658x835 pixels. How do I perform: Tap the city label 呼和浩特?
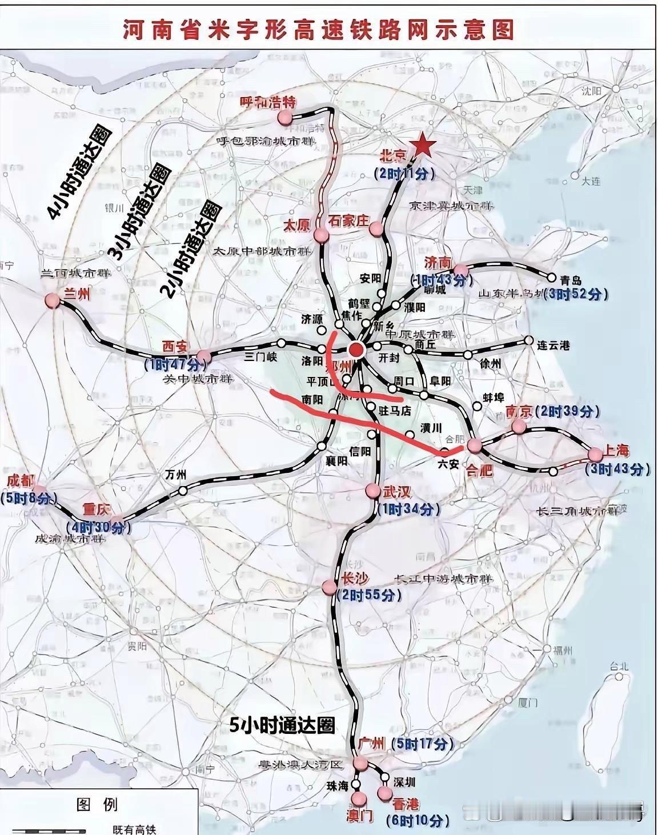[260, 103]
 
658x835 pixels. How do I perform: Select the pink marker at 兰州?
[53, 301]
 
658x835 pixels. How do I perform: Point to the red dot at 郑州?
[357, 350]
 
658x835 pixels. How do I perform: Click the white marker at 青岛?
[552, 278]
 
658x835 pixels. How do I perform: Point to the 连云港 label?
[553, 346]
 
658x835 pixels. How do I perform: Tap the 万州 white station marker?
[183, 490]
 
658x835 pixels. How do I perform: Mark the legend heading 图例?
[97, 805]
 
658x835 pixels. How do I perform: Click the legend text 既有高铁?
[134, 830]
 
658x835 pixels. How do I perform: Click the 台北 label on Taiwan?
[619, 666]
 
